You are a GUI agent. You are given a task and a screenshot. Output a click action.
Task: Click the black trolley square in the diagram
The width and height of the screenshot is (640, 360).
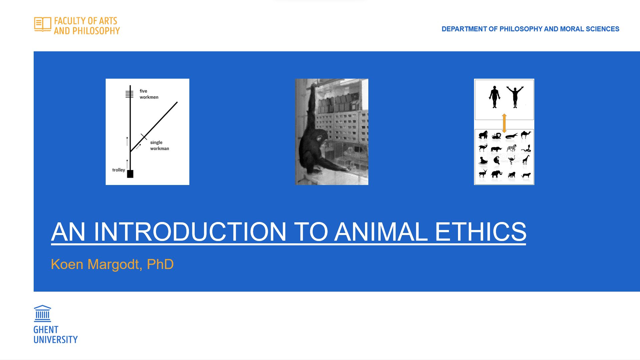[130, 174]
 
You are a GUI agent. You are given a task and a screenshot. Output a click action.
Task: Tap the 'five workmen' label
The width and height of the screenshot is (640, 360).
[149, 94]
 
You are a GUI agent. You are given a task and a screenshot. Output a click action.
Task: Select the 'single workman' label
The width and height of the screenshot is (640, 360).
[159, 145]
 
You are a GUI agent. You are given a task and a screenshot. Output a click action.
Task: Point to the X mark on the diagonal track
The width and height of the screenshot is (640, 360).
[144, 136]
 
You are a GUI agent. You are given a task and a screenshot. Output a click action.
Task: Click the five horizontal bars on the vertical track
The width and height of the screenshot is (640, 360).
[129, 94]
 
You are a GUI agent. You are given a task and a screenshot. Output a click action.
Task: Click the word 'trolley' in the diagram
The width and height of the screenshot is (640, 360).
[119, 170]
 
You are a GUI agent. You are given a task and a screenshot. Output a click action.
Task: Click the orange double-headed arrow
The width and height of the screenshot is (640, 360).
[504, 123]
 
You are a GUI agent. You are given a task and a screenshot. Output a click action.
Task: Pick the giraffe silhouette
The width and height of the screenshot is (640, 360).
[526, 160]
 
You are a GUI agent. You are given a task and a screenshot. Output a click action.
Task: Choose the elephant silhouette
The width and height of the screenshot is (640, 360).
[496, 174]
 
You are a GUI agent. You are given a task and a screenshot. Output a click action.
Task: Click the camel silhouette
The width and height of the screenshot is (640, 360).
[526, 135]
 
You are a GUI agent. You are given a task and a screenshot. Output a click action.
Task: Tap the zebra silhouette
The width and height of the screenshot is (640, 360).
[511, 148]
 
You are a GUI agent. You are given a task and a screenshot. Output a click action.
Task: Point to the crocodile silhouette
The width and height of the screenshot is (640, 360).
[511, 136]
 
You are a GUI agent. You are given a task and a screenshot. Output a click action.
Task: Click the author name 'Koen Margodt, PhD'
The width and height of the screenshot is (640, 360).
[112, 264]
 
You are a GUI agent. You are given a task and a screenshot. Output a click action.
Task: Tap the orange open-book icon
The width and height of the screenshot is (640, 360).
[43, 24]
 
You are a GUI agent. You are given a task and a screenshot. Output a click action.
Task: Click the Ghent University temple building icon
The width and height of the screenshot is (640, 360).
[42, 313]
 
